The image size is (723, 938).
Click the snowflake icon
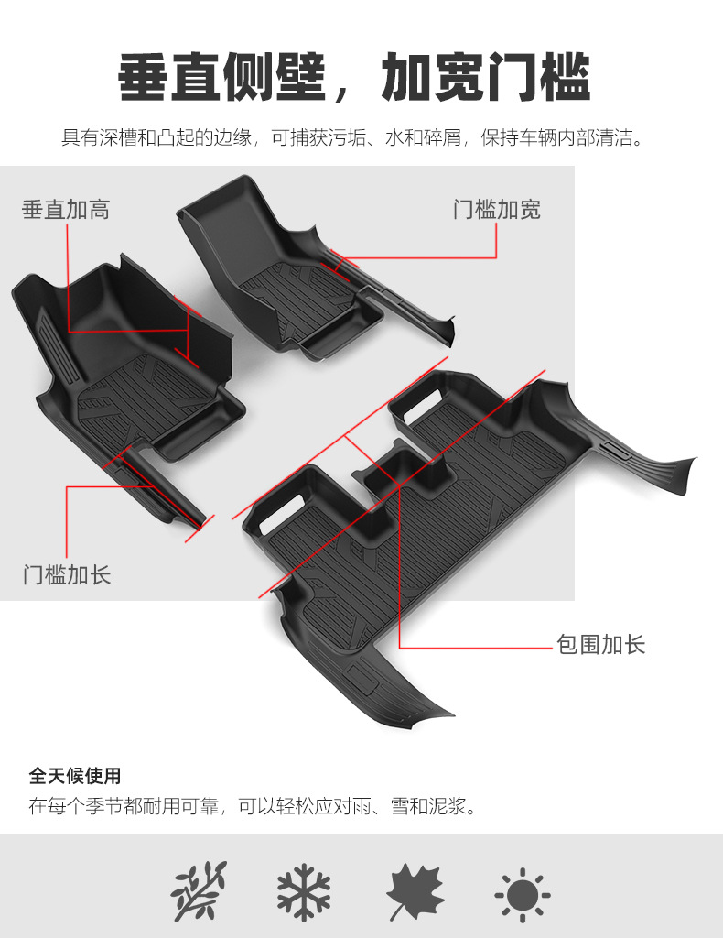pos(304,889)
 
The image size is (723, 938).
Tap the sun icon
pos(522,891)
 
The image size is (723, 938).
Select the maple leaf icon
pos(415,890)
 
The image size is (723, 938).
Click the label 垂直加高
pos(66,210)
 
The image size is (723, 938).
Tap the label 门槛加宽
pos(497,210)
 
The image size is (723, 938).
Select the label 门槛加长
pos(67,575)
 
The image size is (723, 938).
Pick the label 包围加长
pos(601,645)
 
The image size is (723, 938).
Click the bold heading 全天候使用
pos(75,776)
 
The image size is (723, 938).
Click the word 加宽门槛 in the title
pos(485,79)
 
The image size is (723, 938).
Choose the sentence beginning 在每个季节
pos(252,807)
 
